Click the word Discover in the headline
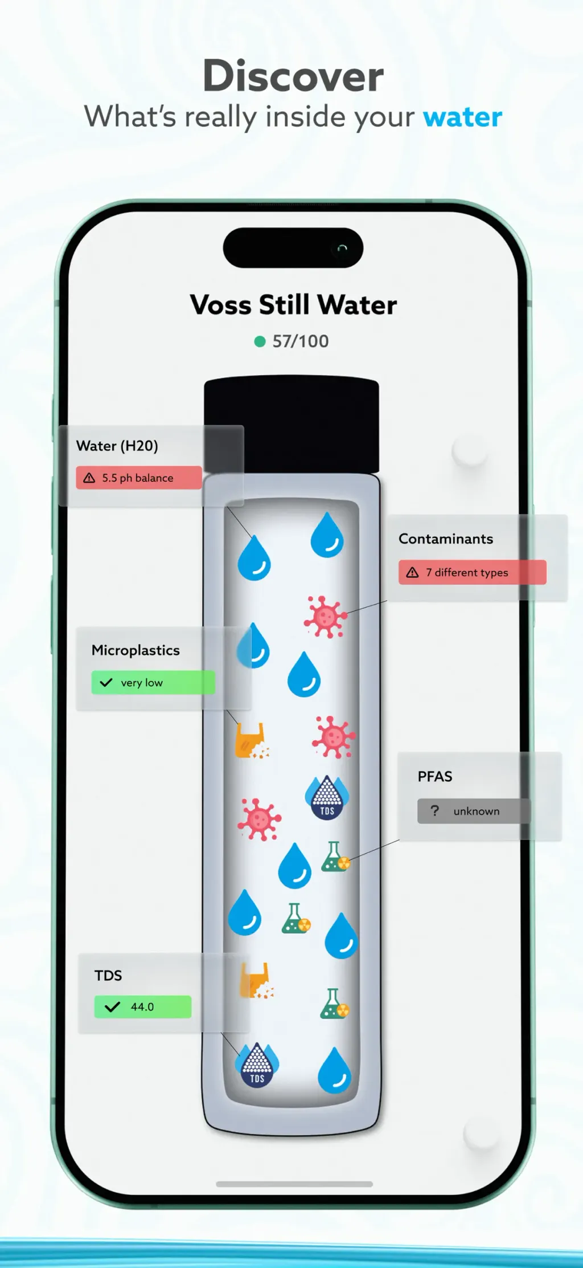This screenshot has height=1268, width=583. [x=293, y=75]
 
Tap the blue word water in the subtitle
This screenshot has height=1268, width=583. [x=462, y=117]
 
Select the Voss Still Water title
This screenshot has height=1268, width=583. [x=293, y=305]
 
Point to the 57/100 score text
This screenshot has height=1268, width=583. [x=301, y=341]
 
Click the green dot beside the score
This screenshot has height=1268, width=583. [x=260, y=341]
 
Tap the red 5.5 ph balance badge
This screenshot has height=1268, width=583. [x=139, y=478]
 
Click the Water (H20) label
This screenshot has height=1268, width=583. [x=117, y=446]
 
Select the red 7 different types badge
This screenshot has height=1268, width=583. [x=473, y=572]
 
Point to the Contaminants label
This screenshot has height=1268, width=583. [x=446, y=539]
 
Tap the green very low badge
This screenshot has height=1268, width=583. [x=153, y=682]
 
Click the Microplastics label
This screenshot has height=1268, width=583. [x=136, y=650]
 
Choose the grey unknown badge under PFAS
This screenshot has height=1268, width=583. [x=474, y=811]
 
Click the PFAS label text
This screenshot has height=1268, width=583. [x=435, y=776]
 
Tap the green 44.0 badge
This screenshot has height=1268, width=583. [x=143, y=1006]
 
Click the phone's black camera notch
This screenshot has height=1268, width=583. [x=293, y=248]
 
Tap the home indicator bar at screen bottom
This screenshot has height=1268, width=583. [x=294, y=1184]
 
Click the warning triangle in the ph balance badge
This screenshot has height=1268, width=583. [x=89, y=478]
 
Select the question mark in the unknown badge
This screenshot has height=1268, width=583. [x=435, y=810]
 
